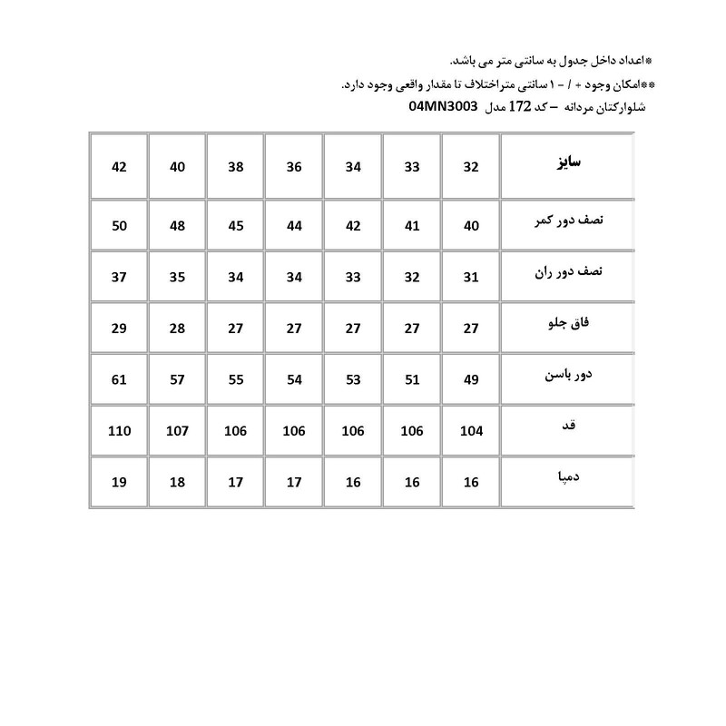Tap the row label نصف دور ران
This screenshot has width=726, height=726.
565,273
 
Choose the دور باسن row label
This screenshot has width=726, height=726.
567,374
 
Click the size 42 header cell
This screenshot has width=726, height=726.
119,167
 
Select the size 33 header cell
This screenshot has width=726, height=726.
412,167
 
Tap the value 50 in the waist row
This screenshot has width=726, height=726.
119,226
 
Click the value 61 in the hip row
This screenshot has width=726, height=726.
119,380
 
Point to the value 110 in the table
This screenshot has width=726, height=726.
119,431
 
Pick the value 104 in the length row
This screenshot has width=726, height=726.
471,431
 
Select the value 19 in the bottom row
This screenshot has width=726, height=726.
119,483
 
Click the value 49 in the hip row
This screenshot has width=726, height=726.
471,380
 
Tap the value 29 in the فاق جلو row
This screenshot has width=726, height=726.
119,329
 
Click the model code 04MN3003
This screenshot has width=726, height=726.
443,107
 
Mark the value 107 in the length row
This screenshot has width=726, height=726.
178,431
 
